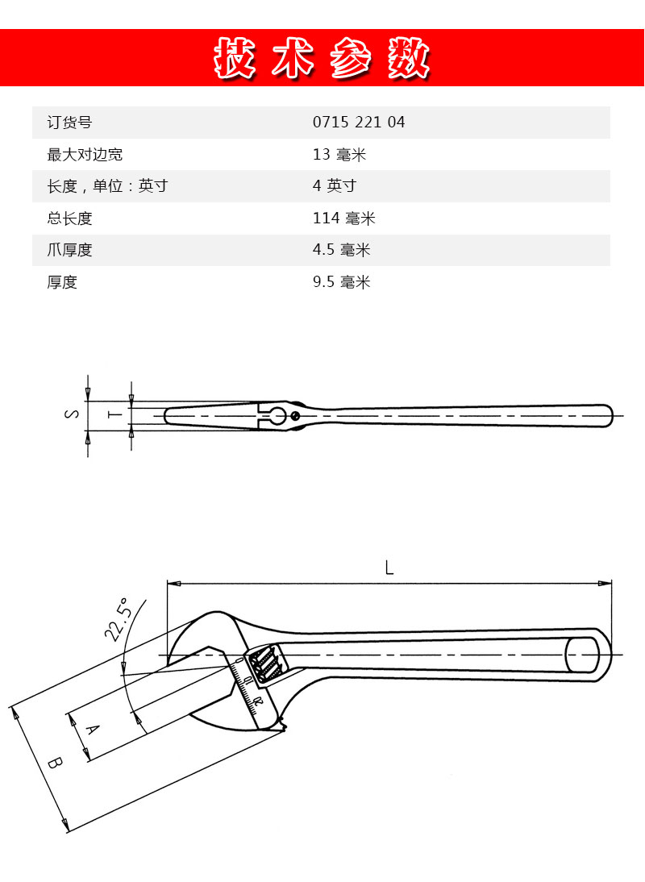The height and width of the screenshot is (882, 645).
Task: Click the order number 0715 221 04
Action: coord(359,122)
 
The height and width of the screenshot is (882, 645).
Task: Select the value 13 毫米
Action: coord(339,154)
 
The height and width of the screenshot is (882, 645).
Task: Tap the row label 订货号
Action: coord(69,123)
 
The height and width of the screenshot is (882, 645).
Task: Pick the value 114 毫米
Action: coord(343,218)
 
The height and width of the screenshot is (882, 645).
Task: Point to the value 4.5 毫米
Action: coord(341,250)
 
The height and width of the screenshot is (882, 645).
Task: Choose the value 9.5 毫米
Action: coord(341,282)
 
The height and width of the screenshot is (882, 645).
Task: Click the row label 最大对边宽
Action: coord(85,155)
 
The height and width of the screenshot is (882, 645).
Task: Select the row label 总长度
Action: coord(69,218)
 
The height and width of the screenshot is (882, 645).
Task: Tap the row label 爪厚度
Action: coord(69,250)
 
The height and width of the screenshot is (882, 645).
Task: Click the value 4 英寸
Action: coord(335,185)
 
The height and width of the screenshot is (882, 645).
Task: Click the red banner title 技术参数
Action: coord(322,58)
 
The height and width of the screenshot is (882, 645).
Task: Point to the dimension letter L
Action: coord(389,568)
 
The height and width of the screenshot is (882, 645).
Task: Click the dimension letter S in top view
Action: coord(72,414)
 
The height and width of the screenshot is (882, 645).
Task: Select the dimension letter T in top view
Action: coord(114,414)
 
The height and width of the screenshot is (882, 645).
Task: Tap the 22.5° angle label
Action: coord(118,620)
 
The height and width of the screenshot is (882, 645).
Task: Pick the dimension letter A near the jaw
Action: coord(92,730)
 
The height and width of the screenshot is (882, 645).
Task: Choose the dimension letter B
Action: coord(55,763)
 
